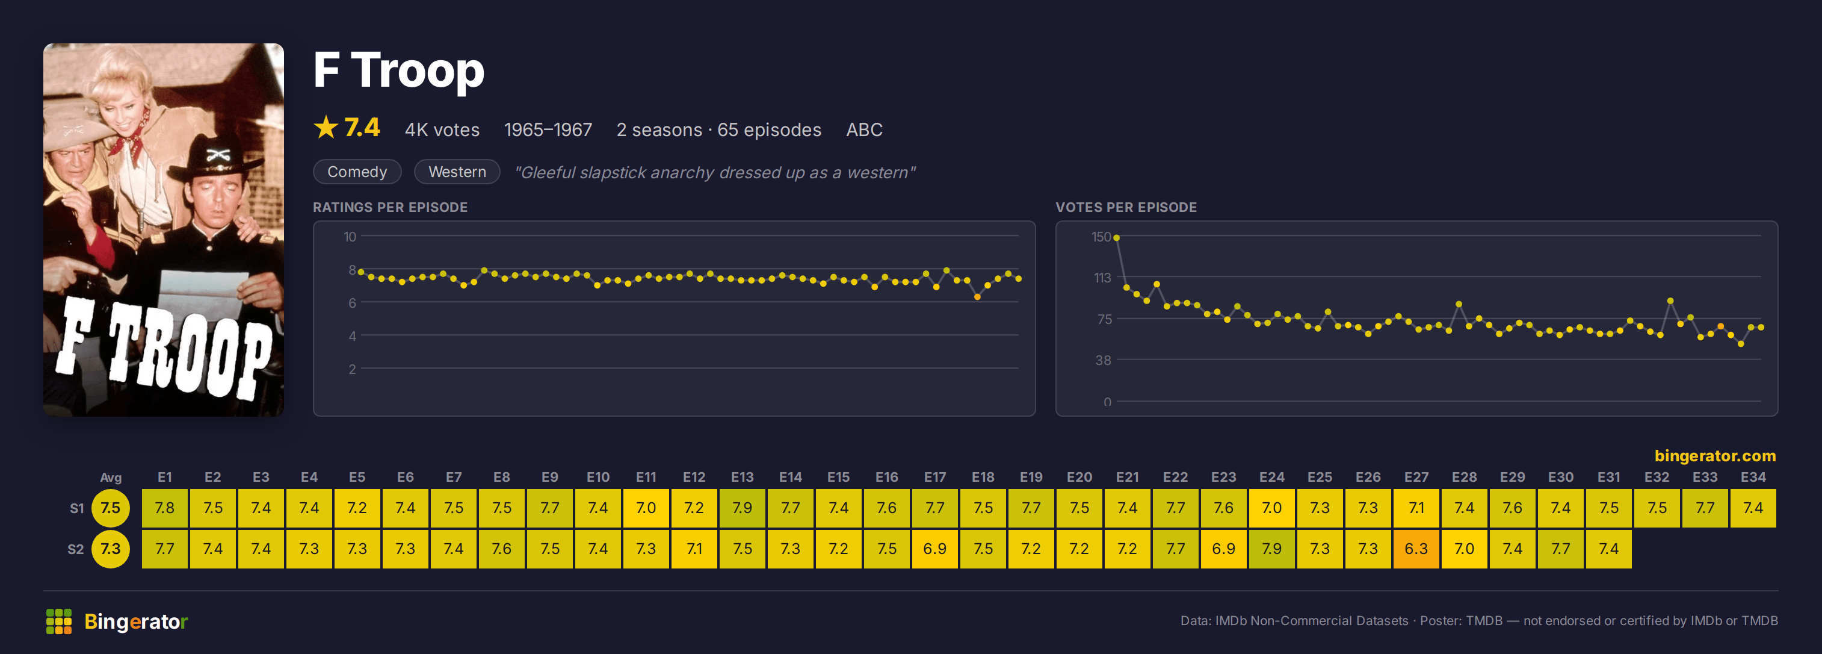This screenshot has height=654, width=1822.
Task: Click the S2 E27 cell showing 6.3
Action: tap(1416, 549)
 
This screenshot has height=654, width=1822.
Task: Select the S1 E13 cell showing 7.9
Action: tap(743, 508)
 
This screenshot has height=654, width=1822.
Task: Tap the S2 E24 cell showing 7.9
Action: tap(1271, 549)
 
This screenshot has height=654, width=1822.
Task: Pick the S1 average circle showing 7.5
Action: tap(110, 508)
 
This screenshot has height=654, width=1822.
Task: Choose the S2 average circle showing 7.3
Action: tap(110, 549)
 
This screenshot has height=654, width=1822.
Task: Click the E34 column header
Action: tap(1753, 477)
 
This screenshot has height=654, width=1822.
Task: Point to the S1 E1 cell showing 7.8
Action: tap(165, 508)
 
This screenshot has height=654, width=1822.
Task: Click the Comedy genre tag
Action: tap(357, 172)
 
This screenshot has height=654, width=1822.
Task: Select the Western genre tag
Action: tap(457, 172)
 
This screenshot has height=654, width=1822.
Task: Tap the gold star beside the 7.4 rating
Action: tap(326, 128)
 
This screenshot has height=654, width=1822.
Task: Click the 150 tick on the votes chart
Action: tap(1101, 237)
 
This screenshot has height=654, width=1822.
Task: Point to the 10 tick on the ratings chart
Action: tap(350, 237)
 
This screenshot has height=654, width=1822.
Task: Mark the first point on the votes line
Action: tap(1117, 238)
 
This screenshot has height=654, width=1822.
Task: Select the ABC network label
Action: tap(864, 129)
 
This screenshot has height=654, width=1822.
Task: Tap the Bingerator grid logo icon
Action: tap(59, 621)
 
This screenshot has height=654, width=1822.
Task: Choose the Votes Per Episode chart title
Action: tap(1126, 207)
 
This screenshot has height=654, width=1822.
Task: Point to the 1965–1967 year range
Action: tap(548, 129)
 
